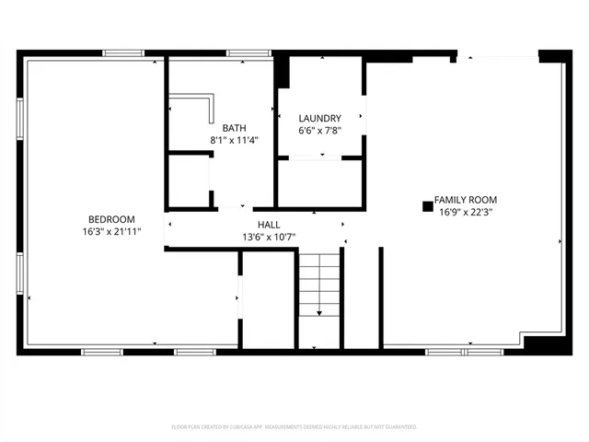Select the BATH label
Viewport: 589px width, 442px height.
pos(234,127)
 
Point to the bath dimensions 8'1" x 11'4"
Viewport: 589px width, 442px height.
pos(234,140)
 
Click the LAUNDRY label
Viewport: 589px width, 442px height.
pos(319,118)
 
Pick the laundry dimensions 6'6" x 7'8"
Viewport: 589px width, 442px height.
pos(319,131)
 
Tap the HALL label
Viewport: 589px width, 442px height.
pos(269,224)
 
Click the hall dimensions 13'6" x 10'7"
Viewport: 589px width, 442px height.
pos(269,237)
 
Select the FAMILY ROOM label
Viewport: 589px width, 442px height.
pos(466,199)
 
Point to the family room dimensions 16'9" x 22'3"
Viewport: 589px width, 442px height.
pos(466,212)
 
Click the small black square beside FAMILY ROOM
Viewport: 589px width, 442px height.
pos(427,206)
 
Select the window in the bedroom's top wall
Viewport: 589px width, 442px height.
pos(122,53)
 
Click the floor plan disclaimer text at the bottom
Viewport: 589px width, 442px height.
pos(294,427)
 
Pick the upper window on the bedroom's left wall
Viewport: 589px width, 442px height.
pos(20,120)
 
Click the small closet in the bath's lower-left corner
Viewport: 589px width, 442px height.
pos(189,180)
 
